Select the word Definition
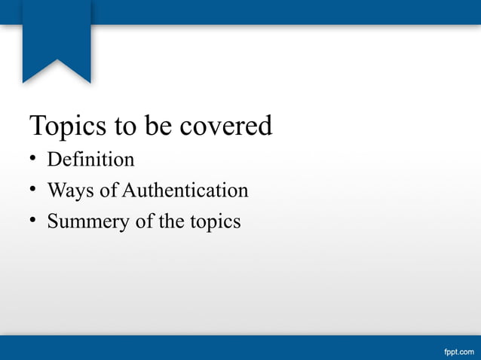tap(90, 160)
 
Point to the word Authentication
tap(185, 191)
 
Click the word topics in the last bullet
tap(216, 223)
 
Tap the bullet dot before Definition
tap(34, 160)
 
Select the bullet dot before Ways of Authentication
tap(34, 191)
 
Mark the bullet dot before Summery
tap(34, 221)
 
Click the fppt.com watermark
tap(458, 350)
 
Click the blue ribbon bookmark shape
tap(57, 38)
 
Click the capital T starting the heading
tap(36, 125)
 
